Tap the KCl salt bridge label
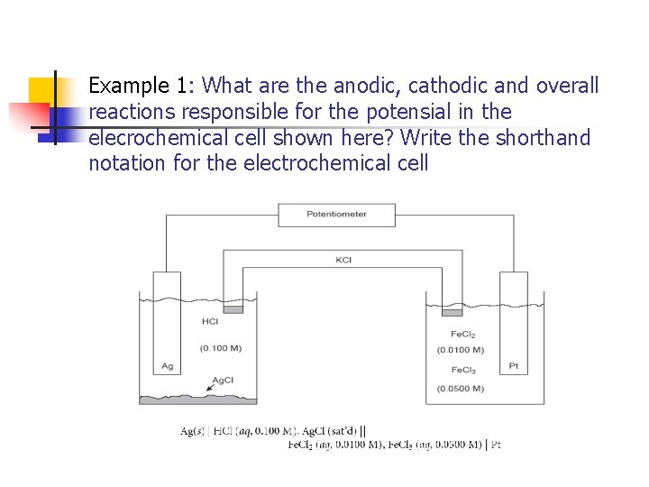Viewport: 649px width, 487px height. click(343, 260)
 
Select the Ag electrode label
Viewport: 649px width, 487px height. click(167, 366)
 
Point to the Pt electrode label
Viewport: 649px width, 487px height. click(513, 366)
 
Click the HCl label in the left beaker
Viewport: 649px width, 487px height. click(210, 321)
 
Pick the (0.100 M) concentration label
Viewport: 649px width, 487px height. click(221, 348)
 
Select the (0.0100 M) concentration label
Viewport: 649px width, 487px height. click(460, 349)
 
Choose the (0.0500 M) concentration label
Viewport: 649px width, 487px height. click(460, 389)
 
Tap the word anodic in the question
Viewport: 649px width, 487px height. click(364, 86)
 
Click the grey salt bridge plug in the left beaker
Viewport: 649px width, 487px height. click(233, 309)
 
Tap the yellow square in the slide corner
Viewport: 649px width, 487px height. click(41, 90)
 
